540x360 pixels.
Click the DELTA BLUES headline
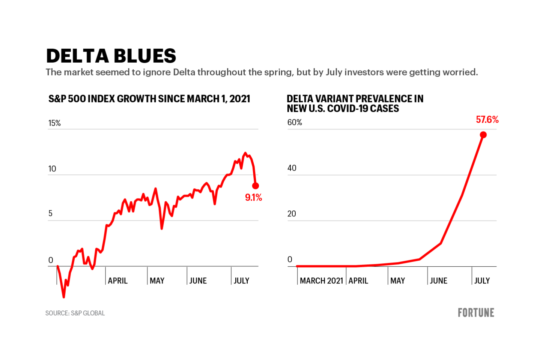click(111, 56)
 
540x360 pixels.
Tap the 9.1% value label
click(253, 198)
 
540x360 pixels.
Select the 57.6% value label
click(487, 120)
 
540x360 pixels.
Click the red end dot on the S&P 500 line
click(256, 186)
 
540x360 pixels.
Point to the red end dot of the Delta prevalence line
click(483, 135)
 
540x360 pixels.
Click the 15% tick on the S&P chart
click(54, 123)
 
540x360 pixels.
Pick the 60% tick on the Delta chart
click(295, 123)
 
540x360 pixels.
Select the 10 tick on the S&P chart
click(52, 169)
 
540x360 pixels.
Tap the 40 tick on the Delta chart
click(292, 168)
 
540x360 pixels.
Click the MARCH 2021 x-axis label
click(322, 280)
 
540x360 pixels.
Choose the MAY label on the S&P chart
click(157, 280)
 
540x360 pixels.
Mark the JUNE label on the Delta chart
click(438, 280)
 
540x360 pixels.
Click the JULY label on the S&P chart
click(241, 280)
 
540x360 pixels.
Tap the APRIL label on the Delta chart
click(358, 280)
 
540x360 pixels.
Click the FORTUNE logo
click(476, 313)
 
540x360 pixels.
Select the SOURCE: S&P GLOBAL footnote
click(75, 313)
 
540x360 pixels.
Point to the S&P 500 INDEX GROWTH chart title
click(149, 99)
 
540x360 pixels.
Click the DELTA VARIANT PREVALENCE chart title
click(355, 103)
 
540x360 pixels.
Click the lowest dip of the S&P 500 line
click(64, 297)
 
